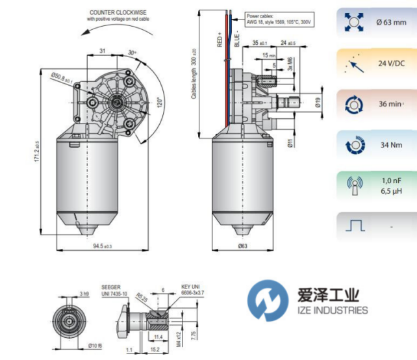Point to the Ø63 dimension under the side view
pyautogui.click(x=242, y=246)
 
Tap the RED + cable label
pyautogui.click(x=219, y=40)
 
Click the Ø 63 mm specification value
pyautogui.click(x=391, y=23)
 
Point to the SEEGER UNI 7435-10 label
pyautogui.click(x=115, y=290)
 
